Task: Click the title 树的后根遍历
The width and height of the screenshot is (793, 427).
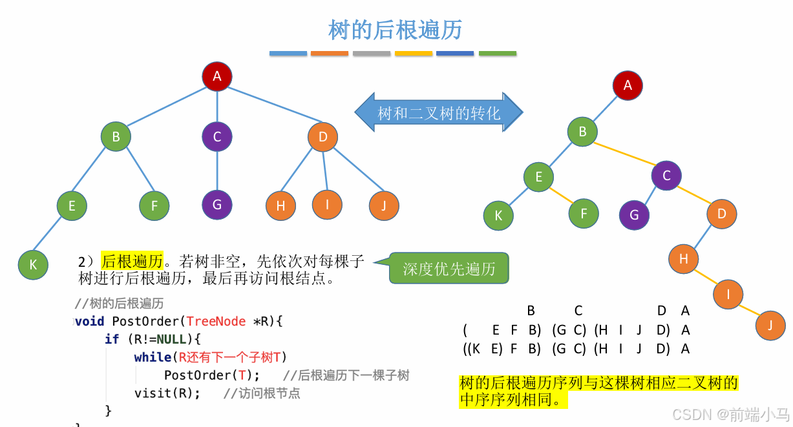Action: coord(396,30)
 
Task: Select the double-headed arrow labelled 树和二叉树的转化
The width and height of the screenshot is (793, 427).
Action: coord(438,114)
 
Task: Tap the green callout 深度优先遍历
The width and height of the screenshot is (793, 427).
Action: coord(449,269)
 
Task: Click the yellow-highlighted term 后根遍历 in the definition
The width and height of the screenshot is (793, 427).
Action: coord(132,261)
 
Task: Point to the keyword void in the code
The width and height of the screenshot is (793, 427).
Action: coord(89,321)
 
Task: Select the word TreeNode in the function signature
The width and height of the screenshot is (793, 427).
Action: coord(217,321)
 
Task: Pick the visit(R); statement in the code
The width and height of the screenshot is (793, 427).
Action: coord(167,393)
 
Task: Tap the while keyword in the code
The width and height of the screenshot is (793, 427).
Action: coord(153,357)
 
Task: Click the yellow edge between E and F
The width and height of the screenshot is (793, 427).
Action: coord(561,194)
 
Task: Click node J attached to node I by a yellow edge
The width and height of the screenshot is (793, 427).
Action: coord(770,325)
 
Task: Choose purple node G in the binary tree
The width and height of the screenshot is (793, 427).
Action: coord(634,215)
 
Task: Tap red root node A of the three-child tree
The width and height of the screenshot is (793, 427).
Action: coord(217,76)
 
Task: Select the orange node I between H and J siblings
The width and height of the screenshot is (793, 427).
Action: coord(328,205)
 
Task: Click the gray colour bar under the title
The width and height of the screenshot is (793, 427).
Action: coord(372,54)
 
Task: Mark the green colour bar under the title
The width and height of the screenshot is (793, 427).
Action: coord(497,54)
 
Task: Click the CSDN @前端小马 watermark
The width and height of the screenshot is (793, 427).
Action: coord(730,414)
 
